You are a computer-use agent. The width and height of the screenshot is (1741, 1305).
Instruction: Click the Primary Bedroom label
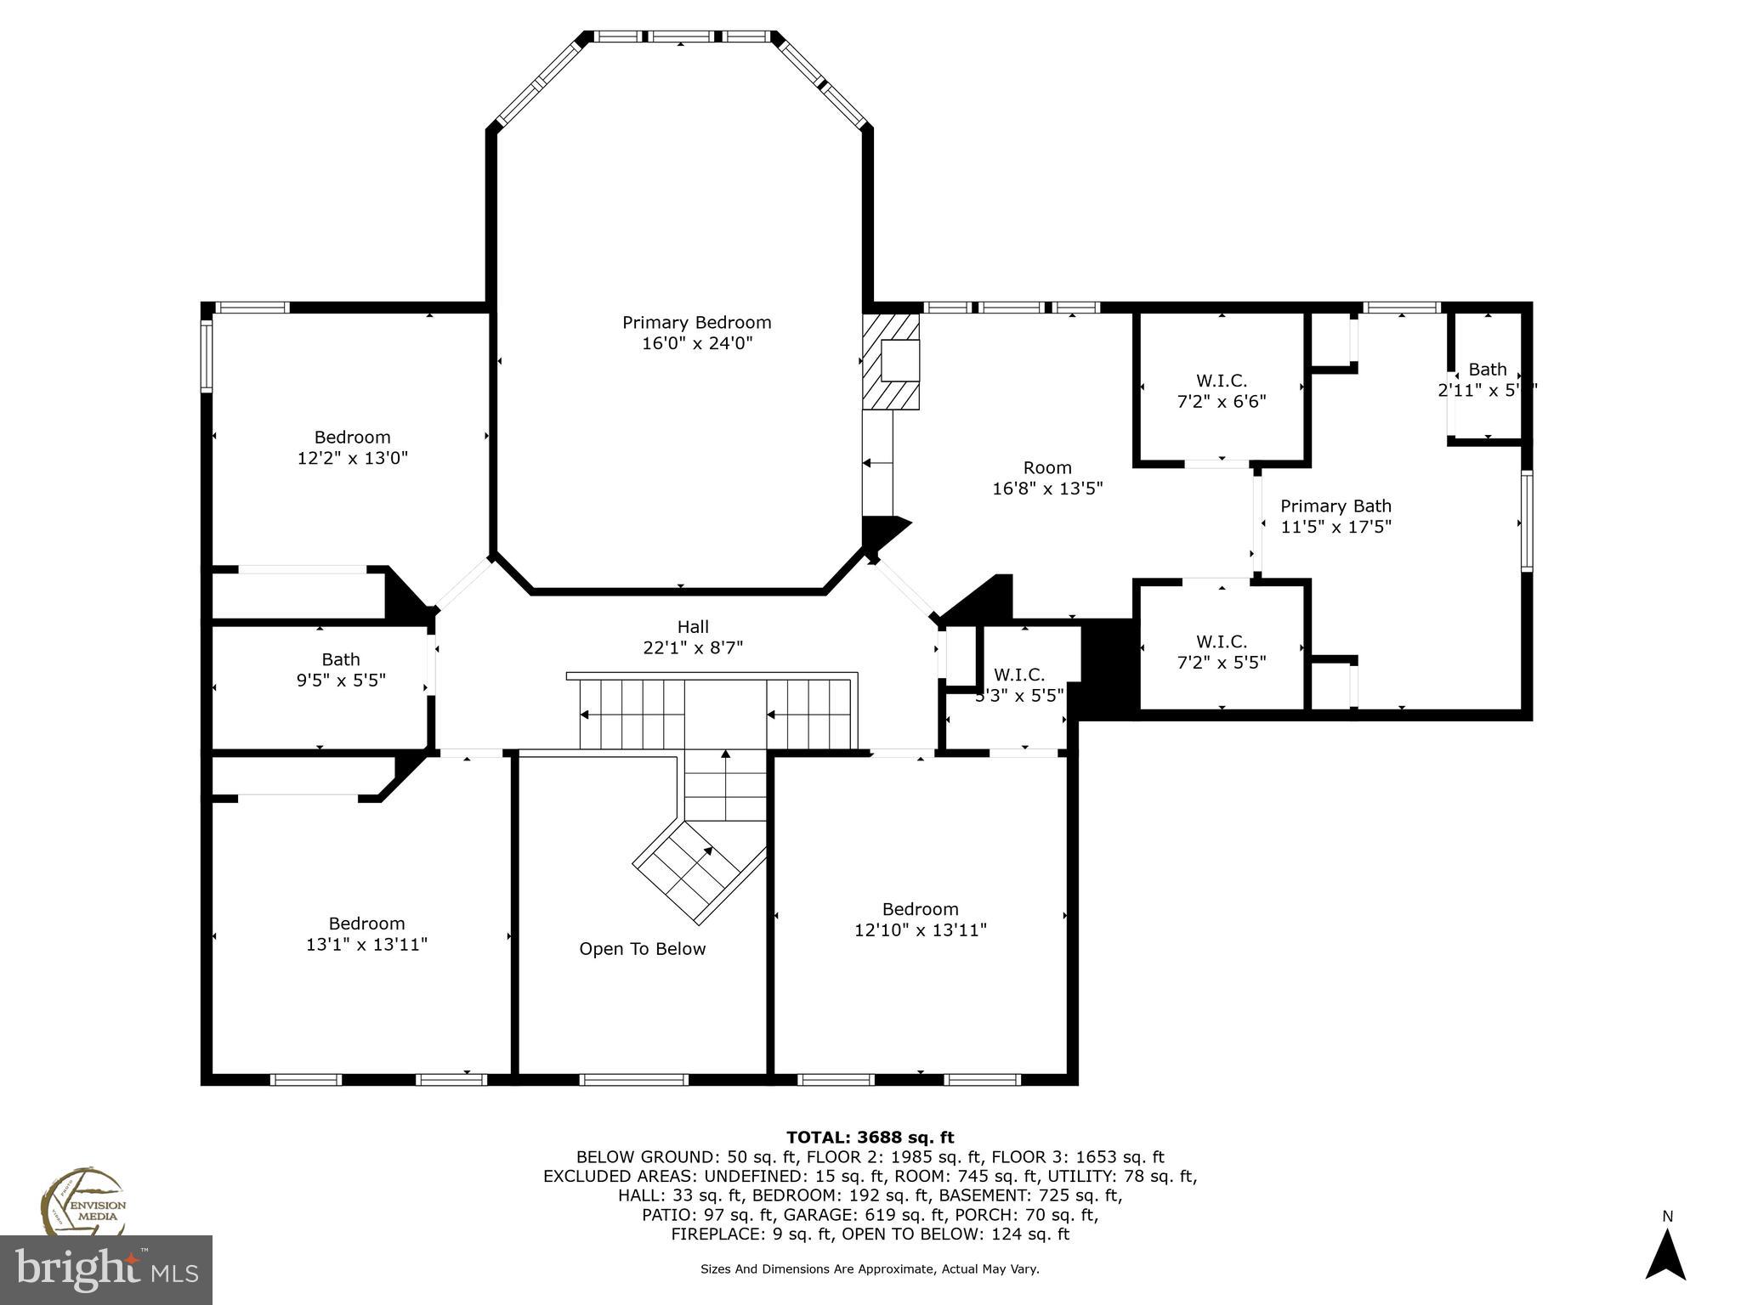[x=696, y=323]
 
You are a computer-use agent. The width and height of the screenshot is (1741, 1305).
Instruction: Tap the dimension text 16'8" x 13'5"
[x=1047, y=489]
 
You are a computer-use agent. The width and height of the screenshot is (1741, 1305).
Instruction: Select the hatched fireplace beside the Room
[x=891, y=363]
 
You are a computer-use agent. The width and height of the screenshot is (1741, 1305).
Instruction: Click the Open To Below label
[x=642, y=949]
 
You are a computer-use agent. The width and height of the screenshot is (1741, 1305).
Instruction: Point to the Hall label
[x=693, y=627]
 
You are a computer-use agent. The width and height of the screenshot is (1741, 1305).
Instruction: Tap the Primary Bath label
[x=1336, y=506]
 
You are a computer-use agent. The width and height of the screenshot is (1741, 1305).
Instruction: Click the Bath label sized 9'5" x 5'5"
[x=340, y=659]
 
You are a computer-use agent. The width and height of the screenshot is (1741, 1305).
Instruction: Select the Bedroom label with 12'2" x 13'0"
[x=352, y=438]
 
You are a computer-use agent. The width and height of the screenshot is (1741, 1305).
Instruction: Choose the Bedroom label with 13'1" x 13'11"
[x=366, y=924]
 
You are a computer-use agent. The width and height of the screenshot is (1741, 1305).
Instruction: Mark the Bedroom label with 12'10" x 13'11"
[x=920, y=909]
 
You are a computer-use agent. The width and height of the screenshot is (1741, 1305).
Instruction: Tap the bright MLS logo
[x=105, y=1270]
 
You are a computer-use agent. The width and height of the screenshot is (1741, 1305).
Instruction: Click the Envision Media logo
[x=82, y=1202]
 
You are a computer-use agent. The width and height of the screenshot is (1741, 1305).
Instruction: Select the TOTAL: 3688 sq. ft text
[x=870, y=1138]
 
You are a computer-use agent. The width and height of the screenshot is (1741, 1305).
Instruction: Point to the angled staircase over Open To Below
[x=697, y=871]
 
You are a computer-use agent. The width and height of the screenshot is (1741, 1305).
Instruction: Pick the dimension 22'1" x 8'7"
[x=693, y=648]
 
